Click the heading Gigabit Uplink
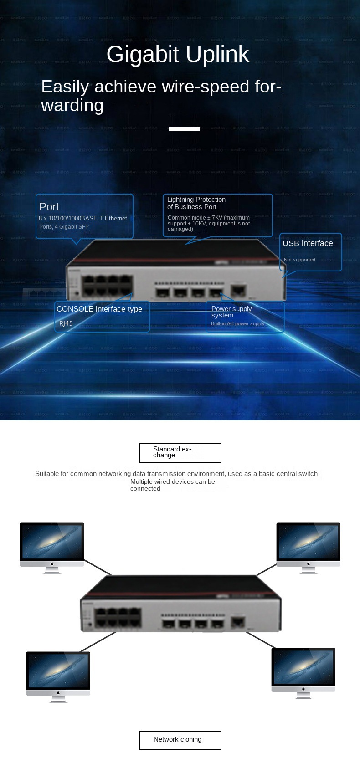point(178,54)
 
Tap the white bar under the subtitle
point(184,129)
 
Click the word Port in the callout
point(49,207)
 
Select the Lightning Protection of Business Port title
point(196,203)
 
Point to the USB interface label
point(308,243)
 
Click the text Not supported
point(299,260)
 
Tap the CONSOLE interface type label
point(99,309)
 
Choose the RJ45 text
point(66,323)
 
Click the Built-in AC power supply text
point(237,323)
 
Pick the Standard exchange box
point(180,452)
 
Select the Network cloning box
point(180,740)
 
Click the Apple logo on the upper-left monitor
point(52,563)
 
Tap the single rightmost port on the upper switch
point(238,290)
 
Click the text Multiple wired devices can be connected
point(172,485)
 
